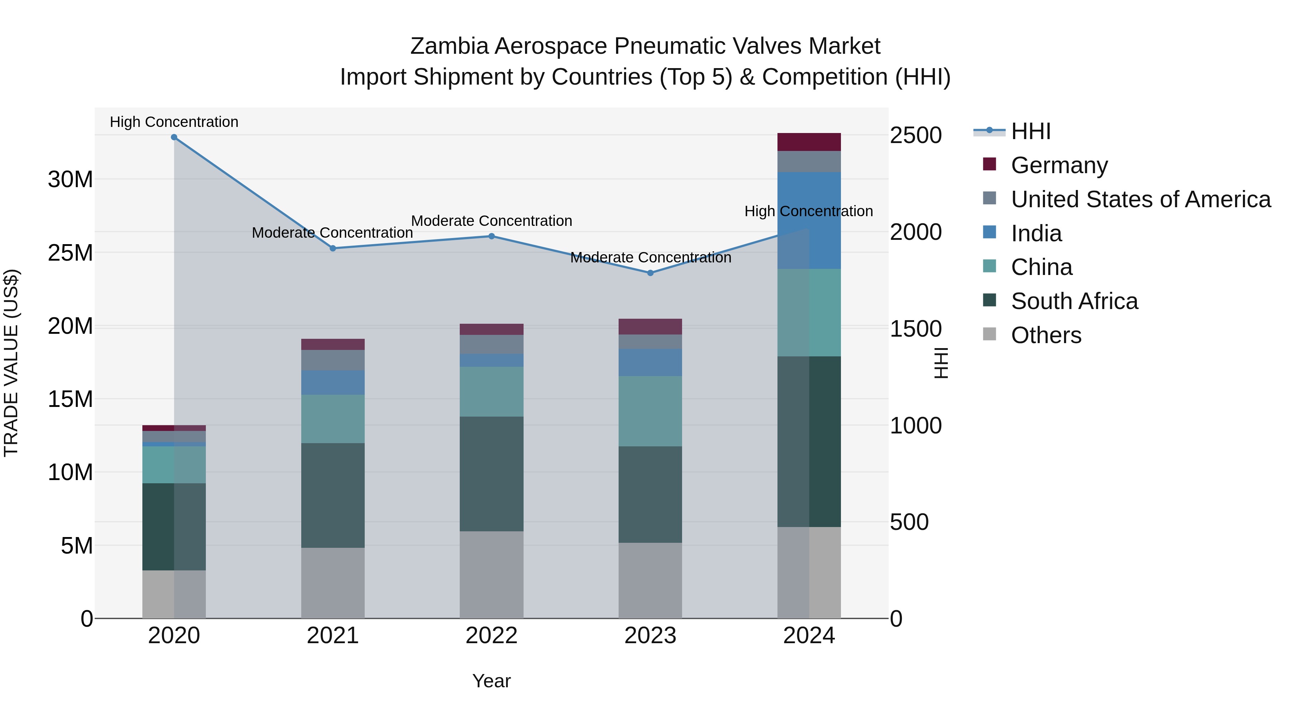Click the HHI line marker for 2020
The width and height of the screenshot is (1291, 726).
coord(174,137)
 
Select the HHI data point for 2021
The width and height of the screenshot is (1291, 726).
coord(333,248)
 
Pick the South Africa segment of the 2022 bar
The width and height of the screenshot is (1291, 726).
coord(492,474)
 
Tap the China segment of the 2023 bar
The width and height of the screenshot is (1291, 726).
coord(651,411)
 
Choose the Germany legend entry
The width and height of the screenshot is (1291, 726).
coord(1059,165)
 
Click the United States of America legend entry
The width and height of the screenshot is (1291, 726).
coord(1140,199)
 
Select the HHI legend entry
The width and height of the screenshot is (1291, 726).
coord(1030,131)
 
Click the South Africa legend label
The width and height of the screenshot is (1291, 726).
coord(1074,301)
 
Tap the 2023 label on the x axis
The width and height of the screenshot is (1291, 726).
coord(651,636)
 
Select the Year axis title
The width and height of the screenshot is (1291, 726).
coord(492,681)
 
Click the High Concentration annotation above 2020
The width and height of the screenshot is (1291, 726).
coord(174,122)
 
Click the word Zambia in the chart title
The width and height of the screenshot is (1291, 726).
coord(449,46)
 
